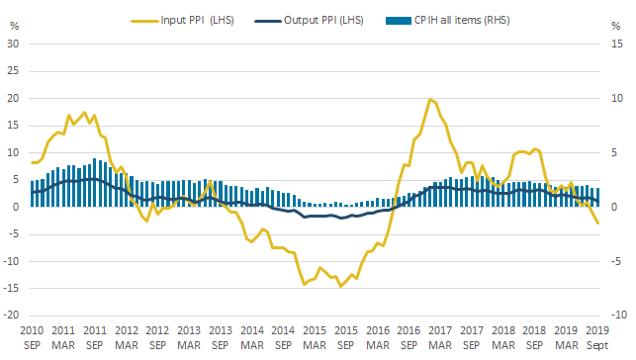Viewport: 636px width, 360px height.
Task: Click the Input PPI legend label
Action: (197, 20)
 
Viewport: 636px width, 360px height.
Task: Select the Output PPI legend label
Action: (323, 20)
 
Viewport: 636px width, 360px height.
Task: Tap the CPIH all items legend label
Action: (462, 20)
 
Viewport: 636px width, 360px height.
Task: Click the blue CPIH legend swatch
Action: (399, 21)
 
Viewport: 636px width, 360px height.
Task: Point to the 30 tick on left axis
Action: (13, 44)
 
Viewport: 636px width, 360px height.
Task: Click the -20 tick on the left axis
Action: (11, 315)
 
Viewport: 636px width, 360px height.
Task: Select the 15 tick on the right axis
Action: (616, 44)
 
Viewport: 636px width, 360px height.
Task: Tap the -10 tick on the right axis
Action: (619, 315)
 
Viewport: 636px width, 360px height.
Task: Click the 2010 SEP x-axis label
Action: (32, 338)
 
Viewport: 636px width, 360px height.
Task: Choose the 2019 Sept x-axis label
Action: (597, 338)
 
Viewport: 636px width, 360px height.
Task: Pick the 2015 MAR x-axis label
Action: (315, 338)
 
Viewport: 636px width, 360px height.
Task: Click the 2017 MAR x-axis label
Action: (440, 338)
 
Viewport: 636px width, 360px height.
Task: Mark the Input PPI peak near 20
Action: (430, 99)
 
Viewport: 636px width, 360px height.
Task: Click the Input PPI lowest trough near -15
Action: (340, 286)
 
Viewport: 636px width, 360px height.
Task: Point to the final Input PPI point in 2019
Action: (597, 223)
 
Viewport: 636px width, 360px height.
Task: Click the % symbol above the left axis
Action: (15, 27)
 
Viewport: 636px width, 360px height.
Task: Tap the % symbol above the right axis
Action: (615, 27)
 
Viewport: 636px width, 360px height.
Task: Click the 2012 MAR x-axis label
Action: (127, 338)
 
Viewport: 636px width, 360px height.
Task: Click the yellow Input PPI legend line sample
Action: (144, 21)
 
